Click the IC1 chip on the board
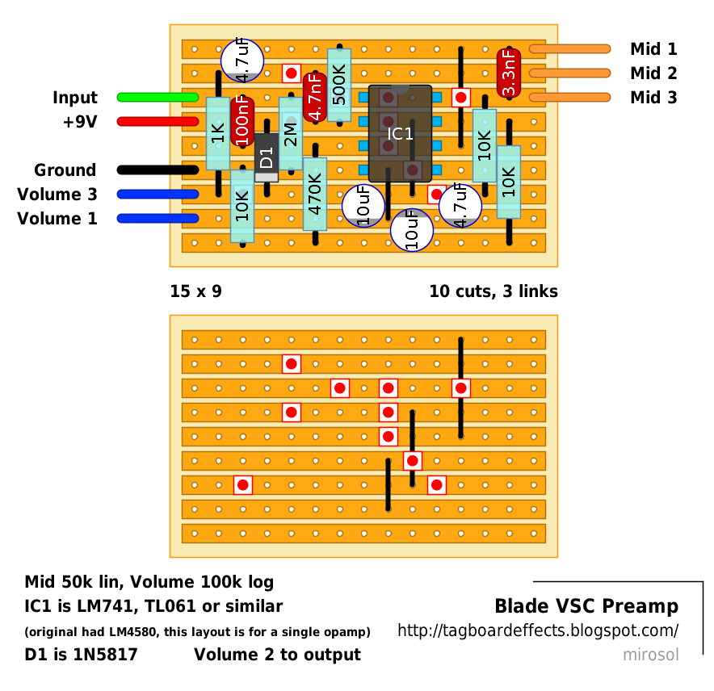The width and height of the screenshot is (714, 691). point(400,133)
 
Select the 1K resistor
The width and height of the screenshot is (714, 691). point(218,133)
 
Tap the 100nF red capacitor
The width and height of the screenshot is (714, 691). point(242,121)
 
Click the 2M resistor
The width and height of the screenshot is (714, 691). point(291,134)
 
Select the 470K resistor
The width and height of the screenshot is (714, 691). point(315,195)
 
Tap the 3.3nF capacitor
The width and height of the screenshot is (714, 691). point(509,73)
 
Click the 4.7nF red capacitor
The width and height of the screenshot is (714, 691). point(315,97)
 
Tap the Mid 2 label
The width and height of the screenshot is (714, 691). point(653,73)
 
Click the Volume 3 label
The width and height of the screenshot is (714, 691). point(57,195)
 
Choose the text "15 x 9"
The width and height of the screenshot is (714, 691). point(195,291)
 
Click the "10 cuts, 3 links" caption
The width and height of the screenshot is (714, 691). point(493,291)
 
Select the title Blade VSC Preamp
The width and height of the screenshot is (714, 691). point(586,606)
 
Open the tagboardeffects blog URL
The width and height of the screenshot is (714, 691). point(537,630)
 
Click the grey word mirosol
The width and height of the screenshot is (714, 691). point(650,655)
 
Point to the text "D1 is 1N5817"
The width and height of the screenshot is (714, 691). point(81,655)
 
